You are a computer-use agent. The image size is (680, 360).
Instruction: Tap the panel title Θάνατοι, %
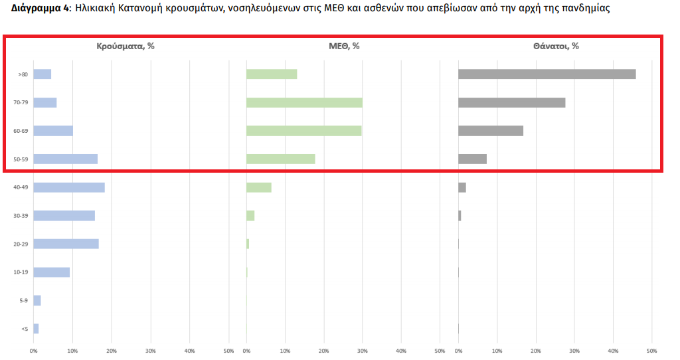(555, 46)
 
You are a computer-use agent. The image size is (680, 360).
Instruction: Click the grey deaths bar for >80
(547, 74)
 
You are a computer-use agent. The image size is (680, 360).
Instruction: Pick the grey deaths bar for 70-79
(511, 102)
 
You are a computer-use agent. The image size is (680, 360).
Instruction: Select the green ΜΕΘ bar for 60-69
(303, 131)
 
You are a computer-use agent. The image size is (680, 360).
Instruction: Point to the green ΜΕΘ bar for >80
(271, 74)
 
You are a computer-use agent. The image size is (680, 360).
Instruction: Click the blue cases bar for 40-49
(69, 187)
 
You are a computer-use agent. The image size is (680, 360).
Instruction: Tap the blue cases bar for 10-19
(51, 272)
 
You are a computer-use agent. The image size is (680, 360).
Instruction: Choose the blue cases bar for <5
(36, 329)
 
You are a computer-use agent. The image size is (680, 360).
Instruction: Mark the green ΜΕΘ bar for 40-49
(258, 187)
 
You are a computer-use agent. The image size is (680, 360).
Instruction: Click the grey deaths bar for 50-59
(472, 159)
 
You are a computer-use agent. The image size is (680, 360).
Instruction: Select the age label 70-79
(21, 103)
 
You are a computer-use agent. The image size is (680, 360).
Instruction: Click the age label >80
(23, 74)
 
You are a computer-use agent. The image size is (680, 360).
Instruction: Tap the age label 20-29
(21, 244)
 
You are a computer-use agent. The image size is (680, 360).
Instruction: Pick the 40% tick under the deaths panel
(613, 350)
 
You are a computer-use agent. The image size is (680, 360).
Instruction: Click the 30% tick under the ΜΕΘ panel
(363, 350)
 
